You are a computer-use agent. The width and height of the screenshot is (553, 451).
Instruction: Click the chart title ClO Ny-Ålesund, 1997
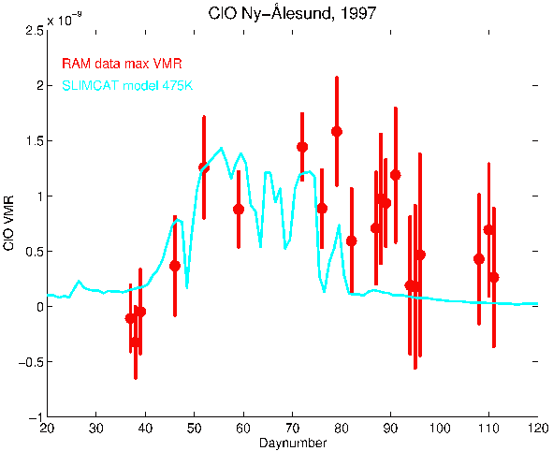click(292, 13)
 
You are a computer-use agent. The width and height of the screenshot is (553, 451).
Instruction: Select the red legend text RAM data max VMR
click(122, 64)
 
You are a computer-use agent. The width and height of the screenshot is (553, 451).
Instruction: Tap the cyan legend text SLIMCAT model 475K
click(127, 85)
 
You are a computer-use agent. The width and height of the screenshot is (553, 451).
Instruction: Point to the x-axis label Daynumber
click(293, 443)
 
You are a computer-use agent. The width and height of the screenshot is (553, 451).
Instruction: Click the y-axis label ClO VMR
click(8, 223)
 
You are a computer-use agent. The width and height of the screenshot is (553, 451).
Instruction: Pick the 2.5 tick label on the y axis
click(34, 31)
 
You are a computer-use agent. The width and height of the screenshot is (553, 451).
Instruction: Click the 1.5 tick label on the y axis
click(34, 141)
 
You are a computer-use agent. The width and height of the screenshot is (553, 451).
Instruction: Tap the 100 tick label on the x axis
click(440, 429)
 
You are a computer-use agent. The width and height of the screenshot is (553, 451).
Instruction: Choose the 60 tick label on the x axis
click(243, 429)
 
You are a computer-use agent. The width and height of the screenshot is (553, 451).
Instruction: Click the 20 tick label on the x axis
click(47, 429)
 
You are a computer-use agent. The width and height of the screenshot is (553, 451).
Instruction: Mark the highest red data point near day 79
click(337, 132)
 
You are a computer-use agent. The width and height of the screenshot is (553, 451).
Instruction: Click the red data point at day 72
click(302, 147)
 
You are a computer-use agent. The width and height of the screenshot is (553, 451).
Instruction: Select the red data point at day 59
click(239, 209)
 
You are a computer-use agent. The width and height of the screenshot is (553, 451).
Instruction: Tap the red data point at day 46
click(175, 266)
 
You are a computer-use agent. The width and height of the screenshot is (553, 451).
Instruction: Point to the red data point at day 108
click(479, 259)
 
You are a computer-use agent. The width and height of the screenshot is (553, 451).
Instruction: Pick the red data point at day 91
click(396, 175)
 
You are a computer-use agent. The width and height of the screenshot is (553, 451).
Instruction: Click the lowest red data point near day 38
click(136, 342)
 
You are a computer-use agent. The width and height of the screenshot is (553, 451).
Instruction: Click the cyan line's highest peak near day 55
click(221, 148)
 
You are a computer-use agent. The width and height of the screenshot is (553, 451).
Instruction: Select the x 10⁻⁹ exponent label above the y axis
click(65, 20)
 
